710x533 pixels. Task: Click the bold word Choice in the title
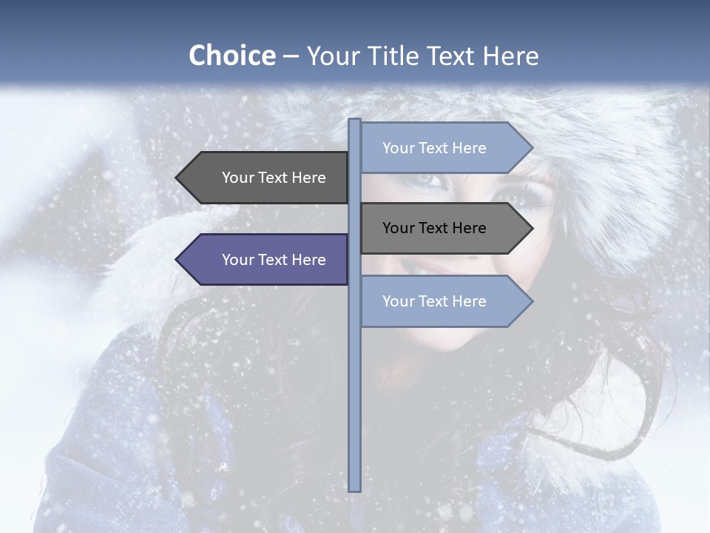231,56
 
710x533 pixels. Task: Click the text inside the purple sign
274,260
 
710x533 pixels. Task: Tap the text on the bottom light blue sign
434,301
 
